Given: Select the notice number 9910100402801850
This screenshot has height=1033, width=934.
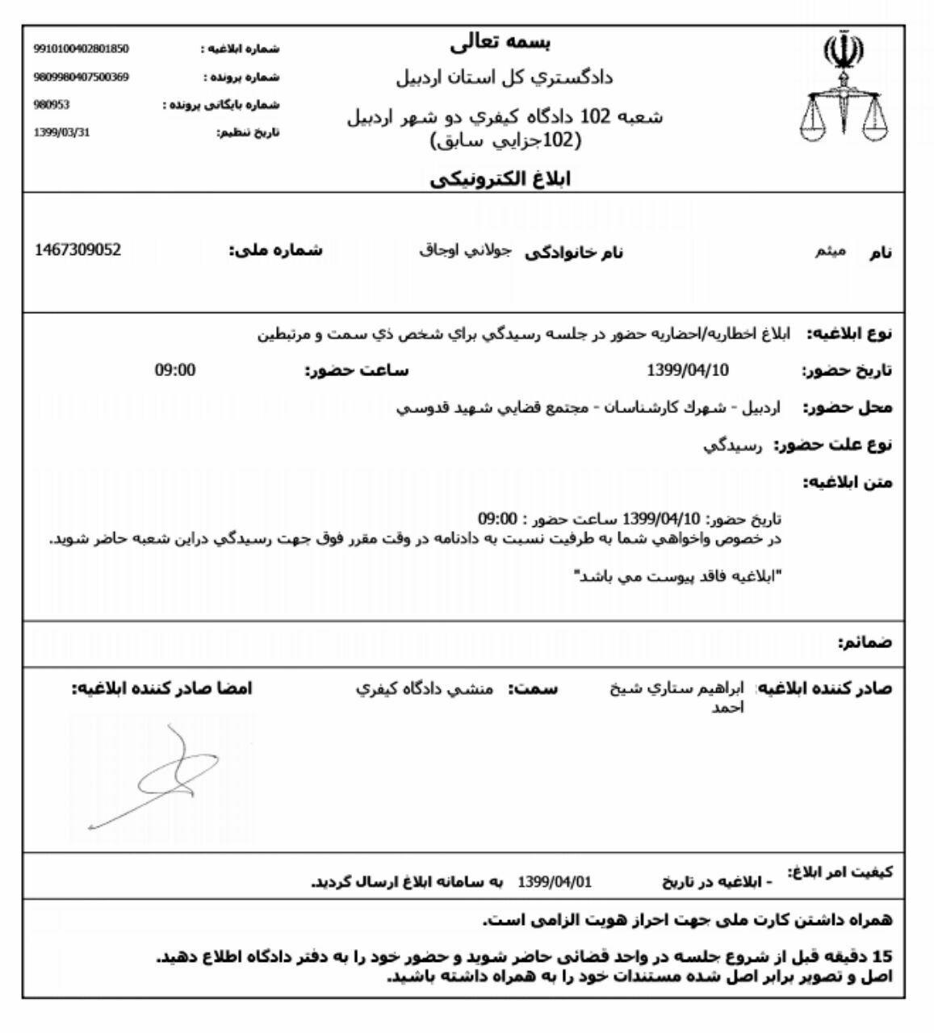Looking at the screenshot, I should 81,48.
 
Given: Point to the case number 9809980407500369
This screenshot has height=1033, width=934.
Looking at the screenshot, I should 81,77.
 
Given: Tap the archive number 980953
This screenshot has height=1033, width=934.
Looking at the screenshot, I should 49,105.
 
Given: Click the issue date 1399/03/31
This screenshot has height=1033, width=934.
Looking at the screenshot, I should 62,132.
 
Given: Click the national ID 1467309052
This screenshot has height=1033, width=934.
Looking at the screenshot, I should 78,250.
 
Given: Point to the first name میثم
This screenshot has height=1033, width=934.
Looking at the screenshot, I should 829,252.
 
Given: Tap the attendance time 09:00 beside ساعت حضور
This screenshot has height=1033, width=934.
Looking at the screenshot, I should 175,370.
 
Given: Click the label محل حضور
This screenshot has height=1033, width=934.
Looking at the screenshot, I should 848,408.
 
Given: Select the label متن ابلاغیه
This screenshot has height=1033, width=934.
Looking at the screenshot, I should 848,483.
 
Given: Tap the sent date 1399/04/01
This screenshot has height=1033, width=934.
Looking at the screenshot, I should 554,880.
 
